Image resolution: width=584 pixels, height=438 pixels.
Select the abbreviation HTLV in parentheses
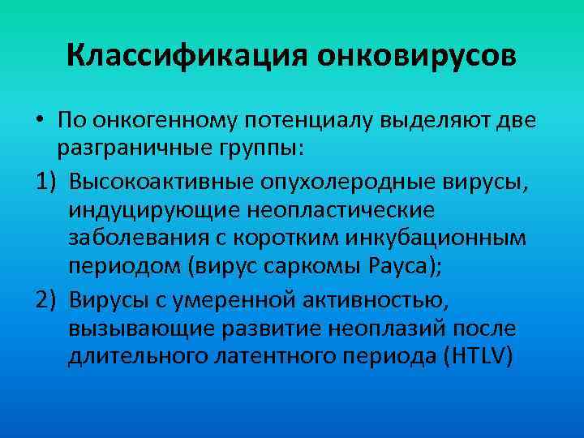pyautogui.click(x=474, y=358)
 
